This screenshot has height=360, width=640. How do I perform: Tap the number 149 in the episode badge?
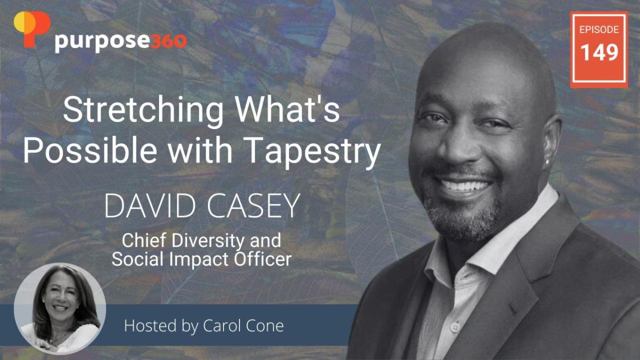click(x=599, y=53)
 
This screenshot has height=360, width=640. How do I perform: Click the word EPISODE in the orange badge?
click(x=599, y=29)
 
